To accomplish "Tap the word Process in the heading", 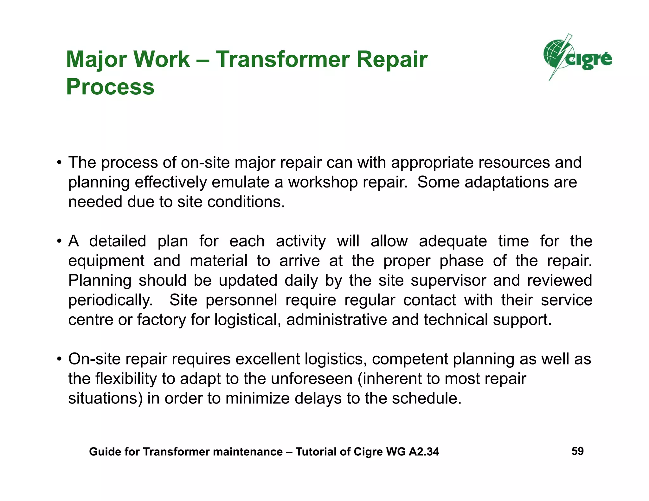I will tap(110, 87).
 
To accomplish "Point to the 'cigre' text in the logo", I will tap(589, 59).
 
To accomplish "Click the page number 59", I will tap(577, 451).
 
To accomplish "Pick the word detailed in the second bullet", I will tap(117, 241).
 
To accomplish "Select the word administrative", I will tap(337, 320).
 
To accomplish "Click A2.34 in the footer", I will tap(424, 452).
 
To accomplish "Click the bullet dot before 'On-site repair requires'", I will tap(59, 359).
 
